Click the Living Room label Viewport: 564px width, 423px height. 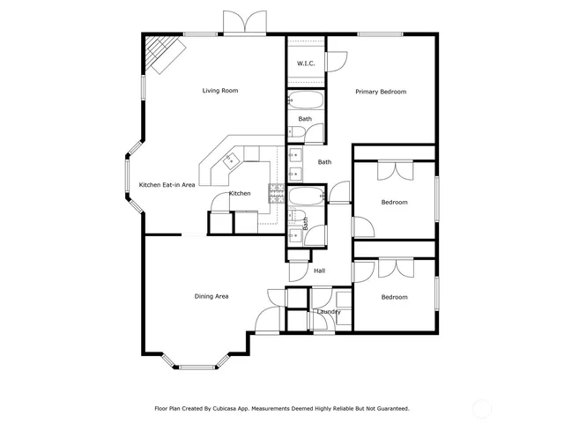(219, 91)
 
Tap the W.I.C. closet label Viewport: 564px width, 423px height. (306, 63)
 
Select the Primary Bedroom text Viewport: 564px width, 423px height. (380, 92)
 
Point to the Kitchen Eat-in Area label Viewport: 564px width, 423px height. (167, 185)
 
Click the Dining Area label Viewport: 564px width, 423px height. (211, 296)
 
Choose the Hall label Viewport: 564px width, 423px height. (320, 271)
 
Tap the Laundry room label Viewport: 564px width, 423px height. (328, 311)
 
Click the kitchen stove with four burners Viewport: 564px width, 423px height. (276, 193)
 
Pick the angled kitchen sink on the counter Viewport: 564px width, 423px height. (233, 160)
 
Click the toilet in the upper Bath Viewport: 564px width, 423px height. (297, 133)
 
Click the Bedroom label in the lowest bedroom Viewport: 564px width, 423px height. (394, 297)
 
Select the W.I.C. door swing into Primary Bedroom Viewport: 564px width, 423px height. (337, 62)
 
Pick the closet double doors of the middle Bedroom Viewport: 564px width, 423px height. (394, 170)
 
